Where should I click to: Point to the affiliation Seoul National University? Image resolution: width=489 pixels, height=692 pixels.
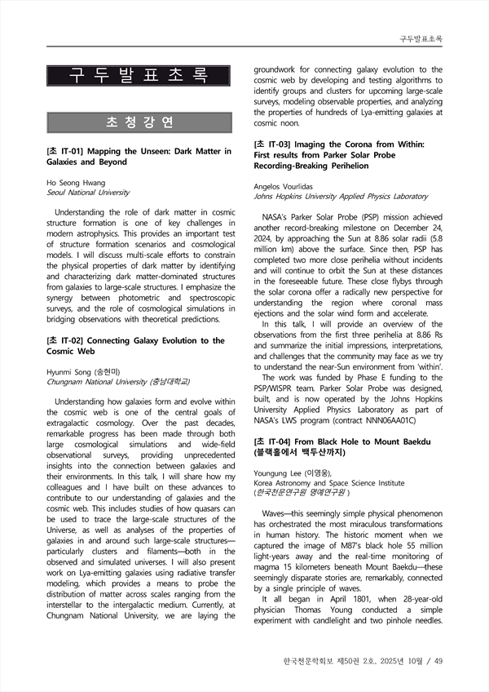coord(89,193)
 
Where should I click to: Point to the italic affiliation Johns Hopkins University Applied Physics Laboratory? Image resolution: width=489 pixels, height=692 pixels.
coord(341,197)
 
